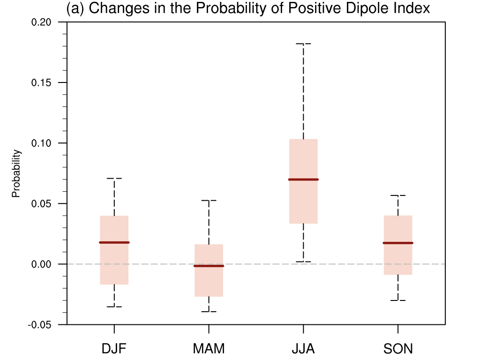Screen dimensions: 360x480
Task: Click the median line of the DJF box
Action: [114, 242]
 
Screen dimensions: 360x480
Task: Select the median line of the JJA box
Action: [303, 180]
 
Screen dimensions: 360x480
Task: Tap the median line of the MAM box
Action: [209, 266]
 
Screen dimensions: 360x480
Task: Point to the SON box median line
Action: [398, 243]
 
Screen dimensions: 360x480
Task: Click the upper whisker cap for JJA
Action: [303, 44]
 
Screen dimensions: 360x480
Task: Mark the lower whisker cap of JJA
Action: [303, 262]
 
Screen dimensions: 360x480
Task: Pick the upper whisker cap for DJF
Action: [114, 179]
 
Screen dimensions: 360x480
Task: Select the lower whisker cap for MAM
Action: [209, 312]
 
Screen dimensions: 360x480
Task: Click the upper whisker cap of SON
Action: [398, 195]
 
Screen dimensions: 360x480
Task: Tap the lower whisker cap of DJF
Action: [114, 307]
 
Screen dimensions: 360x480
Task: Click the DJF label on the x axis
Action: [114, 349]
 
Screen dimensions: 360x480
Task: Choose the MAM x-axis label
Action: [209, 349]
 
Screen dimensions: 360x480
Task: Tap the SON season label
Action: [398, 349]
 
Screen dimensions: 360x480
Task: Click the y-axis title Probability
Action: [16, 173]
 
